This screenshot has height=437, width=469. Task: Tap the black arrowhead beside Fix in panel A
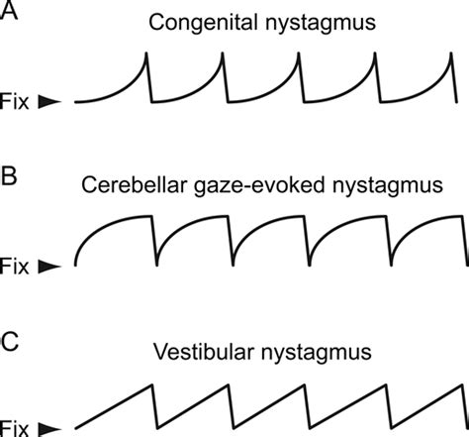point(48,101)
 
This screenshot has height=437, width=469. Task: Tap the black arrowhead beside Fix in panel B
point(48,266)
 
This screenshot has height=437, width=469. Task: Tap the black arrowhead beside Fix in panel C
point(48,428)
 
